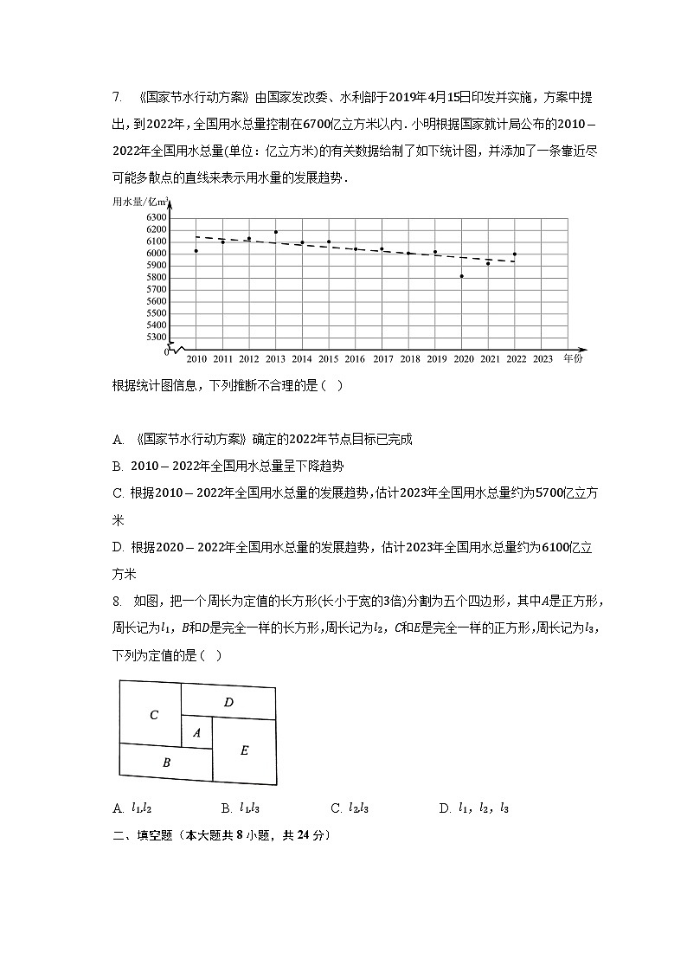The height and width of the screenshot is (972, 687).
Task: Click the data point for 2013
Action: pyautogui.click(x=276, y=232)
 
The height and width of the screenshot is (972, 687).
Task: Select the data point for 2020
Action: pyautogui.click(x=462, y=276)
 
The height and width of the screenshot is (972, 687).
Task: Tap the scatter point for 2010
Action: pyautogui.click(x=196, y=251)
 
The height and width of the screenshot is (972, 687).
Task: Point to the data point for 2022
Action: pyautogui.click(x=515, y=254)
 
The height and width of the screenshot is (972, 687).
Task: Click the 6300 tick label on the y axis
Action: pyautogui.click(x=156, y=217)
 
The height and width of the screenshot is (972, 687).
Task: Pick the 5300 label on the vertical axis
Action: pyautogui.click(x=156, y=337)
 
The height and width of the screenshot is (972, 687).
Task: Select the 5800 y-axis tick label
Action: pyautogui.click(x=156, y=277)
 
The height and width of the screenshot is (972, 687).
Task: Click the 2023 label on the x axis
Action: pyautogui.click(x=543, y=358)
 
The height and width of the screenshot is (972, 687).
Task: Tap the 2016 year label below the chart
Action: pyautogui.click(x=356, y=358)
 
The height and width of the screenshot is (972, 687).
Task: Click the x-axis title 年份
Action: pyautogui.click(x=572, y=357)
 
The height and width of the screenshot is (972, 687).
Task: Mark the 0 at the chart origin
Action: pyautogui.click(x=166, y=352)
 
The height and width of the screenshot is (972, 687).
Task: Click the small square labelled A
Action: pyautogui.click(x=196, y=732)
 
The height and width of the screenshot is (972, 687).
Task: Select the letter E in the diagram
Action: pyautogui.click(x=244, y=750)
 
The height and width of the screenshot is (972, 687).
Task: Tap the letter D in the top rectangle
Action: pyautogui.click(x=228, y=702)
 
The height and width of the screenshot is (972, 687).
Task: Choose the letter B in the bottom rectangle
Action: pyautogui.click(x=166, y=763)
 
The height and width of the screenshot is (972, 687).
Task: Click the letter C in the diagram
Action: pyautogui.click(x=154, y=715)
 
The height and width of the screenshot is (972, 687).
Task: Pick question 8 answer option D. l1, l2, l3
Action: pyautogui.click(x=474, y=808)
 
